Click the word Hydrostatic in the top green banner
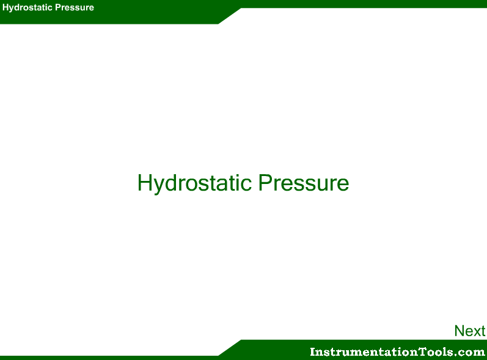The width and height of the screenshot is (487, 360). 27,8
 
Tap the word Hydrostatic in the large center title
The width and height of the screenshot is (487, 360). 194,183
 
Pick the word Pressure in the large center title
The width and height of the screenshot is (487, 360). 304,183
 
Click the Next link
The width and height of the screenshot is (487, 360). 470,331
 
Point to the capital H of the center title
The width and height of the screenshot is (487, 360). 145,183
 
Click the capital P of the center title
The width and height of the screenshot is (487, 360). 266,183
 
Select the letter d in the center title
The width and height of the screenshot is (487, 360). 172,183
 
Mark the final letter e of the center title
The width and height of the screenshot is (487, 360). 343,185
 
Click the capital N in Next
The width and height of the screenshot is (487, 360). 460,331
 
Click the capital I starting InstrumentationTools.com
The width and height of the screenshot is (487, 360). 313,351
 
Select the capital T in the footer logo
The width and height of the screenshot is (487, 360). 422,351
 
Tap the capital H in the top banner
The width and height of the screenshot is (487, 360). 5,7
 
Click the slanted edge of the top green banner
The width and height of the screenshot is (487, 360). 230,16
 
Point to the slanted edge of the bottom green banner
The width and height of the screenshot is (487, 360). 230,348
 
